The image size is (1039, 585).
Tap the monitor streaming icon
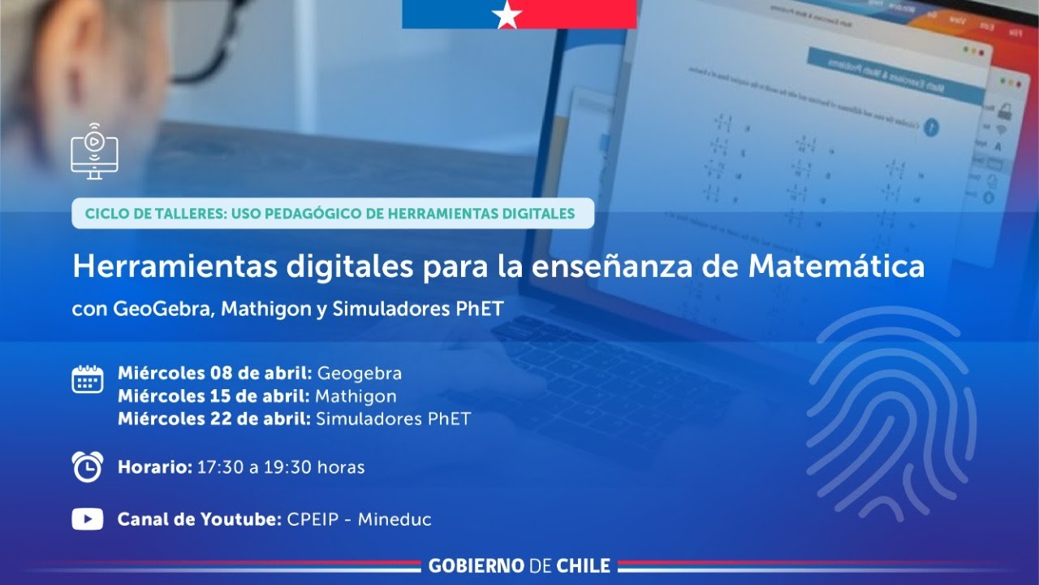tap(94, 152)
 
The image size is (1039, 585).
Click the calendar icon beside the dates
tap(88, 379)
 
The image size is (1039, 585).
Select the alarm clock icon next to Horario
tap(88, 466)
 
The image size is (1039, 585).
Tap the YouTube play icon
tap(88, 519)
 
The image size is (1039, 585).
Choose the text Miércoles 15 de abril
tap(213, 396)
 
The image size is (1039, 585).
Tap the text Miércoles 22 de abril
tap(213, 419)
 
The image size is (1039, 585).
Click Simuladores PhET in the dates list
tap(393, 419)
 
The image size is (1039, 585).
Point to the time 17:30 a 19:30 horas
tap(281, 467)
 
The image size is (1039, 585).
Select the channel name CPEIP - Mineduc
tap(360, 519)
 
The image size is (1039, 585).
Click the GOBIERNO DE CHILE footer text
tap(519, 565)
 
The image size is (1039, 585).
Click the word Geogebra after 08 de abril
tap(359, 374)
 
